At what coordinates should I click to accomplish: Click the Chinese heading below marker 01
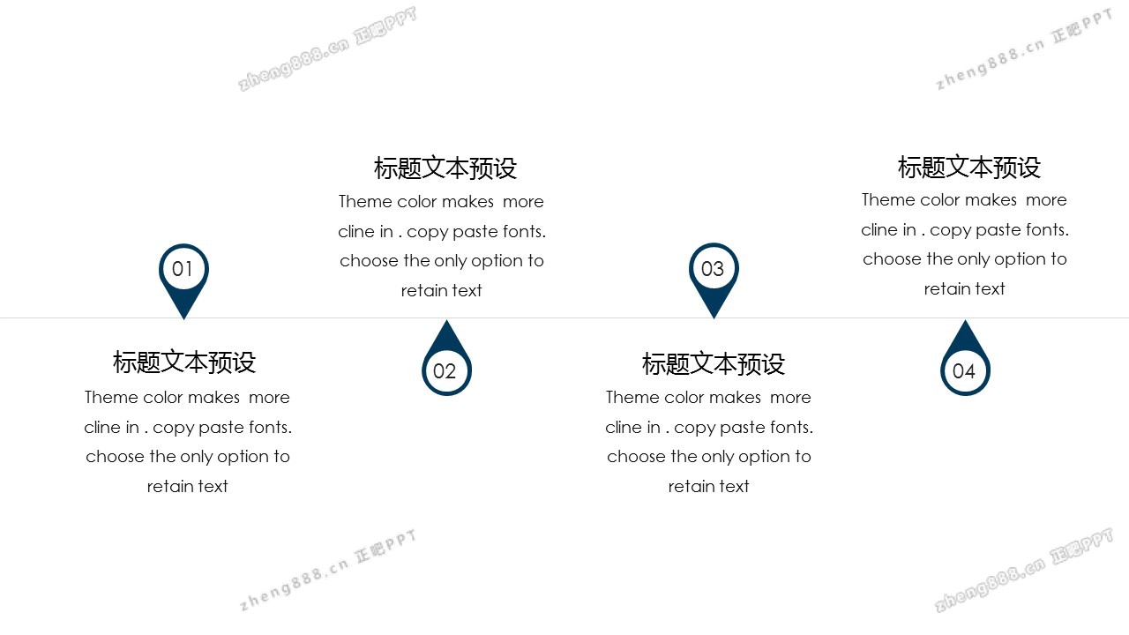[x=184, y=362]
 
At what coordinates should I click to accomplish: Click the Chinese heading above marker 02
[x=445, y=168]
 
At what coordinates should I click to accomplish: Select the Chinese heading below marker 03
[x=714, y=363]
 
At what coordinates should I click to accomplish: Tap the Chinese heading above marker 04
[x=968, y=167]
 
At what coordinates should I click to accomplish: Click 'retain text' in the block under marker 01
[x=188, y=486]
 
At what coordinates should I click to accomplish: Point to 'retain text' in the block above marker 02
[x=442, y=290]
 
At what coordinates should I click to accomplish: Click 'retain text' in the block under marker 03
[x=708, y=486]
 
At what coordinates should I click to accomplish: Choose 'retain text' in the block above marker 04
[x=964, y=288]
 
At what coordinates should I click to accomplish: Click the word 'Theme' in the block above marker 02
[x=365, y=201]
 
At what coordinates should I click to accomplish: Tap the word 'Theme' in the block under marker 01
[x=111, y=397]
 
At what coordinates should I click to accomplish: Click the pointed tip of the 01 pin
[x=183, y=319]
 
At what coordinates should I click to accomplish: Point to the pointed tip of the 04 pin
[x=965, y=319]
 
